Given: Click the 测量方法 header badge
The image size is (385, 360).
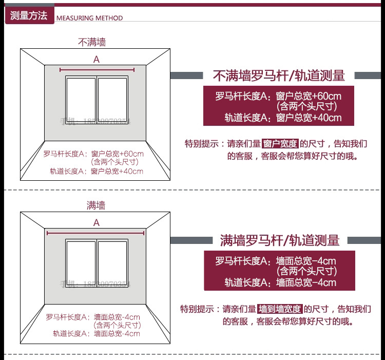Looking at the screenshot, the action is coord(28,15).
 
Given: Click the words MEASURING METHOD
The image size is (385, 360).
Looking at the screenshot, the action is coord(89,18).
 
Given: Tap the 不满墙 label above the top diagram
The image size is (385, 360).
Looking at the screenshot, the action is coord(92,42).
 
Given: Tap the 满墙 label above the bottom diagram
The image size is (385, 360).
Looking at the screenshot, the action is coord(96,205).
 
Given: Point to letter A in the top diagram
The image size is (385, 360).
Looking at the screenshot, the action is coord(96,60).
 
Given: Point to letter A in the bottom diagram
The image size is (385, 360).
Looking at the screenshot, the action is coord(96,223).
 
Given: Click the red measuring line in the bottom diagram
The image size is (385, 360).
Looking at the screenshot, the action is coord(96,233).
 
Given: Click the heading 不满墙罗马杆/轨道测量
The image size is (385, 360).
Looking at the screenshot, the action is coord(279,76).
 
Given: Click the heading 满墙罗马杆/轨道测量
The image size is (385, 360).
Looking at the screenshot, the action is coord(280,240).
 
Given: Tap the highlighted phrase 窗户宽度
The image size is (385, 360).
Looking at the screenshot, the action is coord(280,143).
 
